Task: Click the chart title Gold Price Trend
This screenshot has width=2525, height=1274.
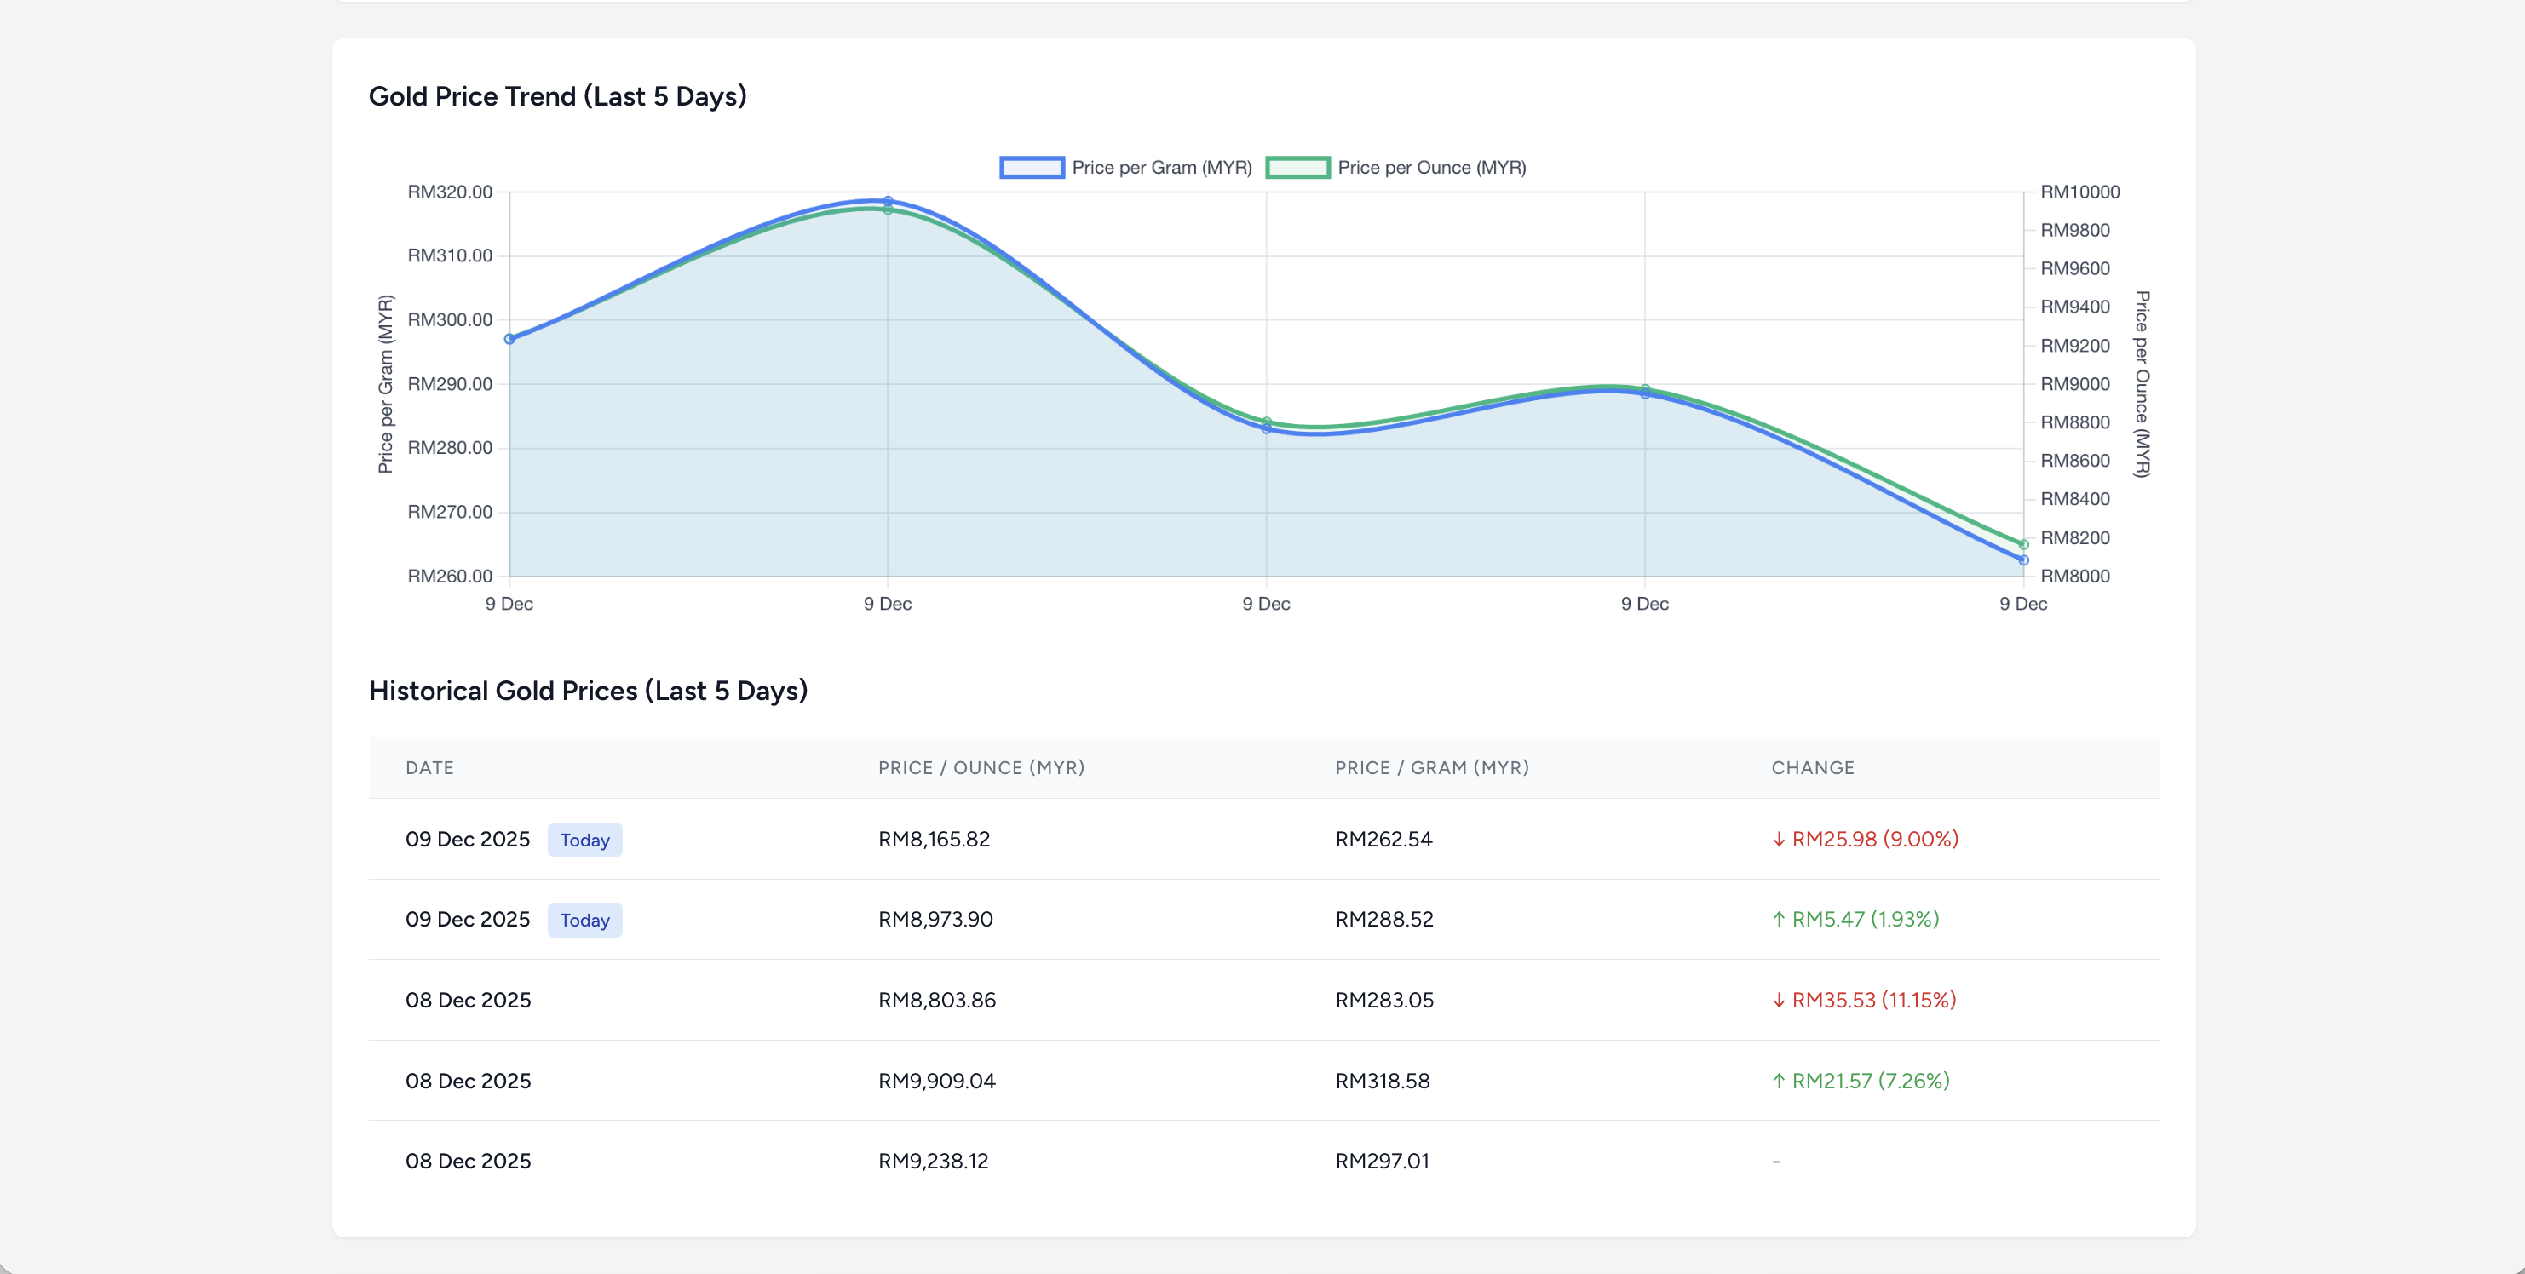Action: (x=557, y=96)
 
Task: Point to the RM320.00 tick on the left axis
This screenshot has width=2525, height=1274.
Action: (x=450, y=192)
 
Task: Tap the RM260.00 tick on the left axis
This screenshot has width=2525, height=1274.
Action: (x=450, y=577)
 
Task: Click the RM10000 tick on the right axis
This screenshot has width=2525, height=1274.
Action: (x=2079, y=192)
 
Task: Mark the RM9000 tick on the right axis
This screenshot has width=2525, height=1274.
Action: (x=2074, y=384)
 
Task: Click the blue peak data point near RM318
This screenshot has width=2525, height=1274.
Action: (x=888, y=202)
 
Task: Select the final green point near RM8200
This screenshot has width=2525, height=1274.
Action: (x=2023, y=545)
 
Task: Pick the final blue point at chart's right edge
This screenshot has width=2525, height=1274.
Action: (x=2023, y=560)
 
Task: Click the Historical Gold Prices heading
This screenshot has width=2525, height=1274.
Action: (x=588, y=691)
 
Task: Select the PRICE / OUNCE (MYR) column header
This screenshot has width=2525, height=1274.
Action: (x=981, y=767)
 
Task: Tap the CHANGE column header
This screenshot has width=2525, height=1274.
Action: (x=1812, y=767)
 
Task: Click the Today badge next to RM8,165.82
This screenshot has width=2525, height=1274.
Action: (x=584, y=840)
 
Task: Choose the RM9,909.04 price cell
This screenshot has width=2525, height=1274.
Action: (x=936, y=1081)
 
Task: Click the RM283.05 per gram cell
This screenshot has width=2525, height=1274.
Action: (x=1384, y=1000)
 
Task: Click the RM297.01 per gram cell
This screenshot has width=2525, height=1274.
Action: (x=1382, y=1162)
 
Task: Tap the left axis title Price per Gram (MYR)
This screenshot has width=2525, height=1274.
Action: (x=385, y=384)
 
